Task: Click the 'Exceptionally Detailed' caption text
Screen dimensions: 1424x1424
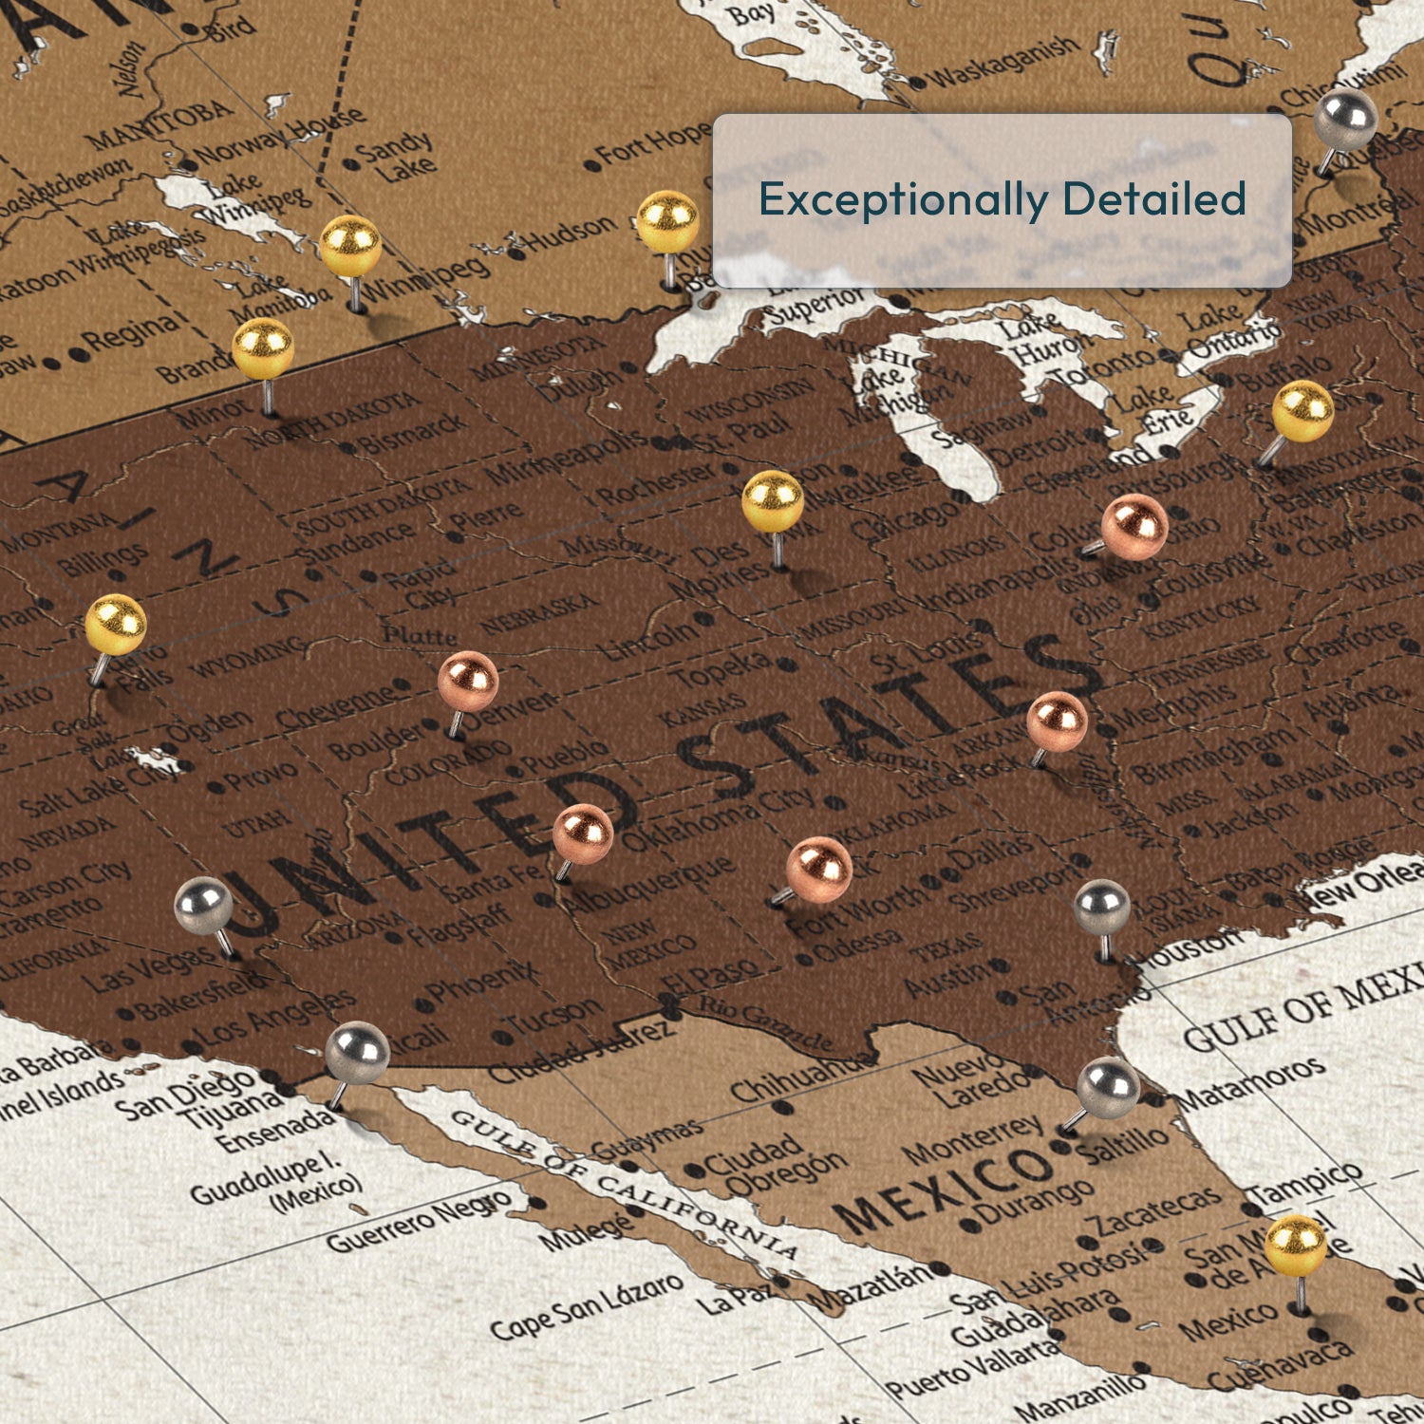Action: tap(1002, 199)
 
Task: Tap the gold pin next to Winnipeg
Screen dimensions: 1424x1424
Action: tap(350, 246)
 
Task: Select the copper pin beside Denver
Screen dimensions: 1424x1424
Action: tap(468, 681)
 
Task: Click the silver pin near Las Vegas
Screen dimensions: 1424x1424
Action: tap(204, 906)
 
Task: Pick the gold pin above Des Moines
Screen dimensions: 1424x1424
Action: tap(773, 500)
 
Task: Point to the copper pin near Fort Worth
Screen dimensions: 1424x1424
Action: tap(818, 866)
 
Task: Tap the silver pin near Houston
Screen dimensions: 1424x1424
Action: tap(1101, 908)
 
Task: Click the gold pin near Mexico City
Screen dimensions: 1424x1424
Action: tap(1296, 1246)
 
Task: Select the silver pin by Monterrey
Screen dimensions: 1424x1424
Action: tap(1108, 1088)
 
